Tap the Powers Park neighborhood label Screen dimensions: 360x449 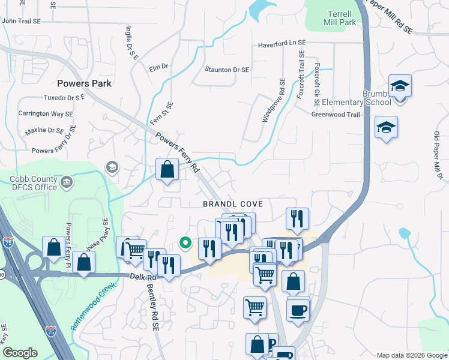pyautogui.click(x=85, y=83)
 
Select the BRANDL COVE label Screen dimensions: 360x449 pyautogui.click(x=233, y=204)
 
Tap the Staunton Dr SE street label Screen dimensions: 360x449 pyautogui.click(x=227, y=70)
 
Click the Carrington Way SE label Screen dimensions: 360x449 pyautogui.click(x=46, y=113)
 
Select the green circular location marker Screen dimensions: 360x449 pyautogui.click(x=186, y=243)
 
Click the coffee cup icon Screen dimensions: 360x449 pyautogui.click(x=298, y=310)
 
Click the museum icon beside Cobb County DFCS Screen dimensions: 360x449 pyautogui.click(x=66, y=181)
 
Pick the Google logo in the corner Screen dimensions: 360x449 pyautogui.click(x=20, y=352)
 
